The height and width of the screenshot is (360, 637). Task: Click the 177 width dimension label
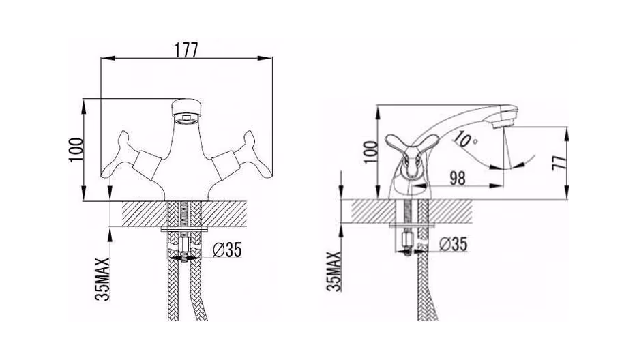point(186,50)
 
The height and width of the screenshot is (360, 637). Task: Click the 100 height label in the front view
point(76,150)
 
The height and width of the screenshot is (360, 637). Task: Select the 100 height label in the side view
point(370,152)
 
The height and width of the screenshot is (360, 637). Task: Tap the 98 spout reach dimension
point(458,179)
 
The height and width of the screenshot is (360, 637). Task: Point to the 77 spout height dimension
point(559,162)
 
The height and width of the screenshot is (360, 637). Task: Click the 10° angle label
point(466,139)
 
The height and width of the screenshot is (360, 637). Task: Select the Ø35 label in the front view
point(227,250)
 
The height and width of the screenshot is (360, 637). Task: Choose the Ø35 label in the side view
point(454,244)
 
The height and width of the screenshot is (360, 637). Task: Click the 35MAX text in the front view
point(102,279)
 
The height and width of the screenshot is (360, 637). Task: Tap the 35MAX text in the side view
point(334,271)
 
